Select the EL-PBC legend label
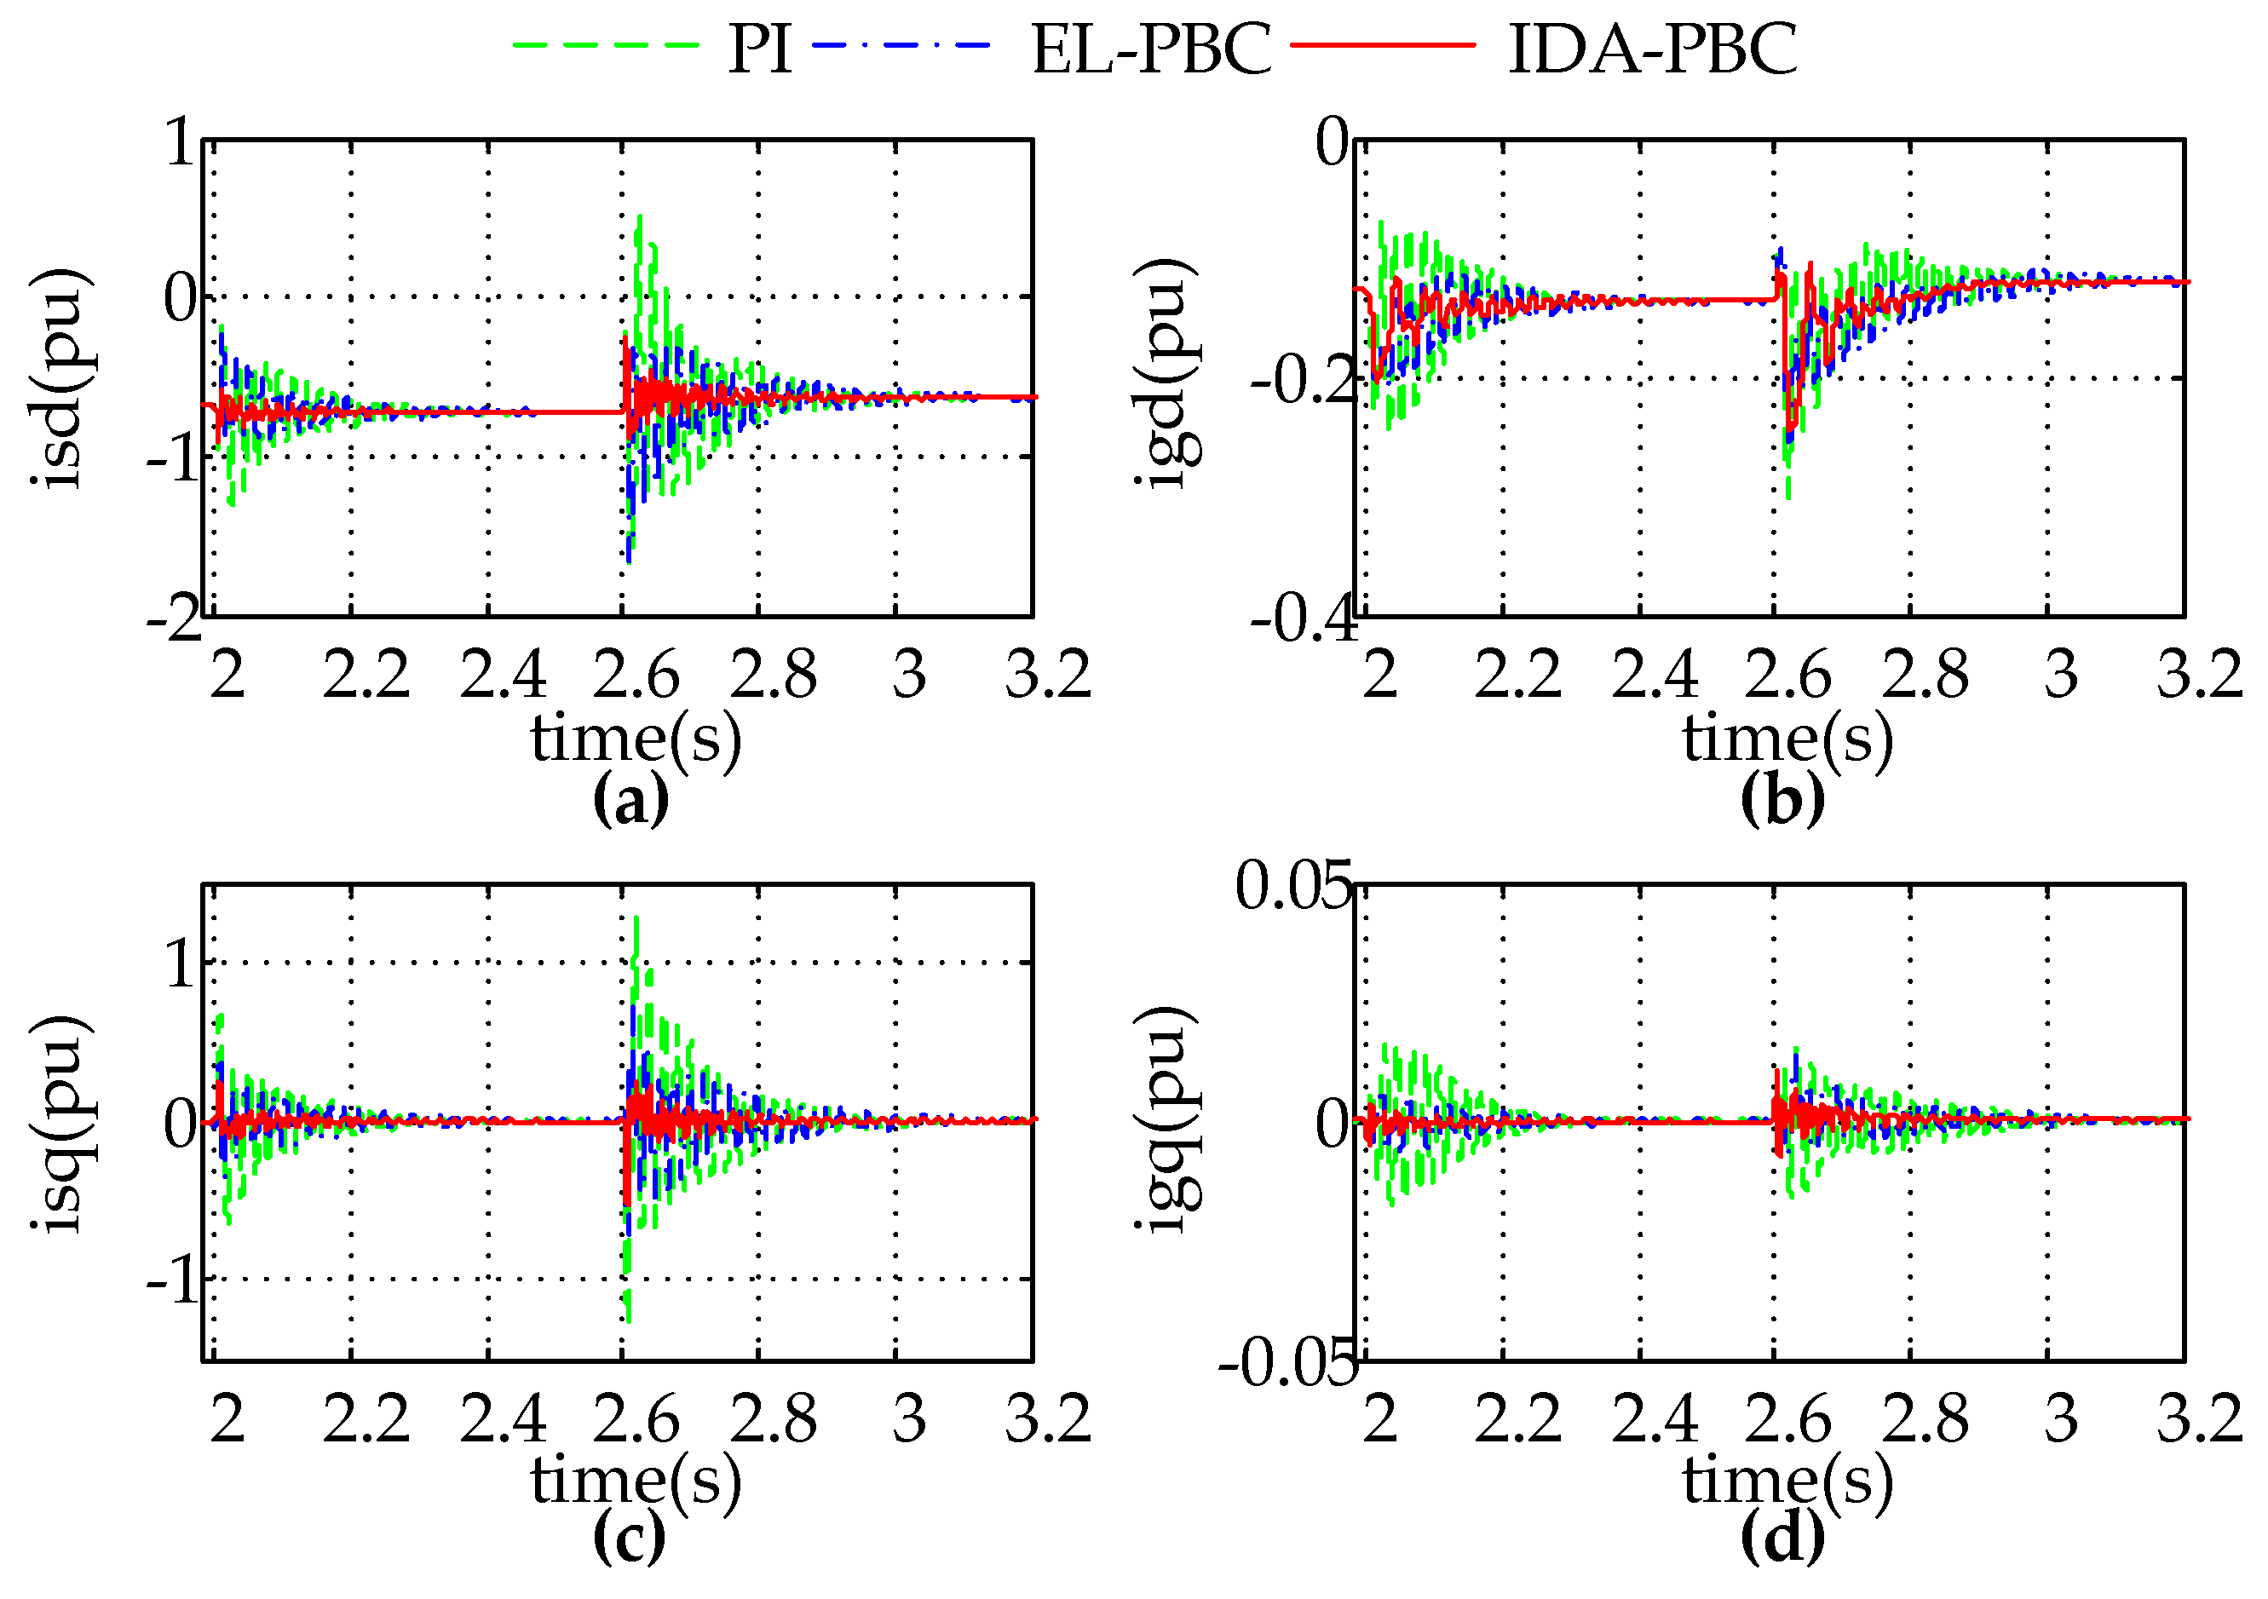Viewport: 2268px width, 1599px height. pos(1151,49)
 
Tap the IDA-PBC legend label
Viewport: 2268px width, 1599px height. pos(1653,49)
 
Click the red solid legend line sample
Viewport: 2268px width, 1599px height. pos(1383,45)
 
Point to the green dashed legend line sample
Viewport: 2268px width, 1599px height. pos(606,45)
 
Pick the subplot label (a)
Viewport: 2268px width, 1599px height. pos(630,801)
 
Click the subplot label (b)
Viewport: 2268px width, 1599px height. pos(1782,801)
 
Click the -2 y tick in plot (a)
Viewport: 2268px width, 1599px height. pos(174,619)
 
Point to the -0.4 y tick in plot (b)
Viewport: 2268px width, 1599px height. pos(1304,619)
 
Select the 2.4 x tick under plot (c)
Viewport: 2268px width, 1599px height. pos(502,1419)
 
